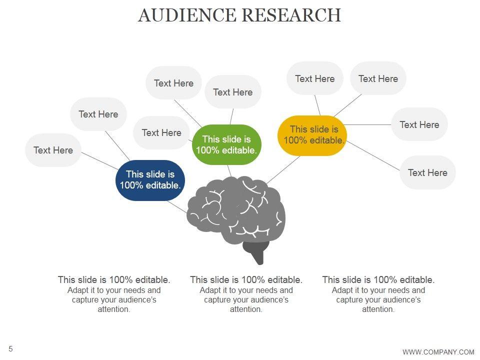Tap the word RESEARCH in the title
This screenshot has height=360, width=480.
pyautogui.click(x=291, y=15)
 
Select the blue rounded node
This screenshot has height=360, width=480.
pyautogui.click(x=150, y=180)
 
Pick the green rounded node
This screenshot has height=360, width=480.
pyautogui.click(x=227, y=144)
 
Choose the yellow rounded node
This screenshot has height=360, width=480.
pyautogui.click(x=312, y=135)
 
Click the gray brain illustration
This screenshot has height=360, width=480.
pyautogui.click(x=235, y=210)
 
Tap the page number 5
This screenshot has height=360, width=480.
pyautogui.click(x=10, y=348)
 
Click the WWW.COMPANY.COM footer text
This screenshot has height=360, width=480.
pyautogui.click(x=438, y=352)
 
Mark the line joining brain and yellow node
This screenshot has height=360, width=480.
pyautogui.click(x=284, y=168)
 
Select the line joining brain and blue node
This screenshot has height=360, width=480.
pyautogui.click(x=176, y=206)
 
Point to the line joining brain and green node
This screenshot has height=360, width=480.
pyautogui.click(x=229, y=170)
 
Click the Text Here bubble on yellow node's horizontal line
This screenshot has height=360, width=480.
pyautogui.click(x=419, y=124)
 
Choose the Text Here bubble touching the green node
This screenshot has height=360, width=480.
pyautogui.click(x=161, y=132)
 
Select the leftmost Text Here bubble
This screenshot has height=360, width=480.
pyautogui.click(x=53, y=150)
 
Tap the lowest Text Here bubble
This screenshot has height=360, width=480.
pyautogui.click(x=427, y=172)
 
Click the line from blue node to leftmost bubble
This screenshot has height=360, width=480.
pyautogui.click(x=100, y=160)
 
